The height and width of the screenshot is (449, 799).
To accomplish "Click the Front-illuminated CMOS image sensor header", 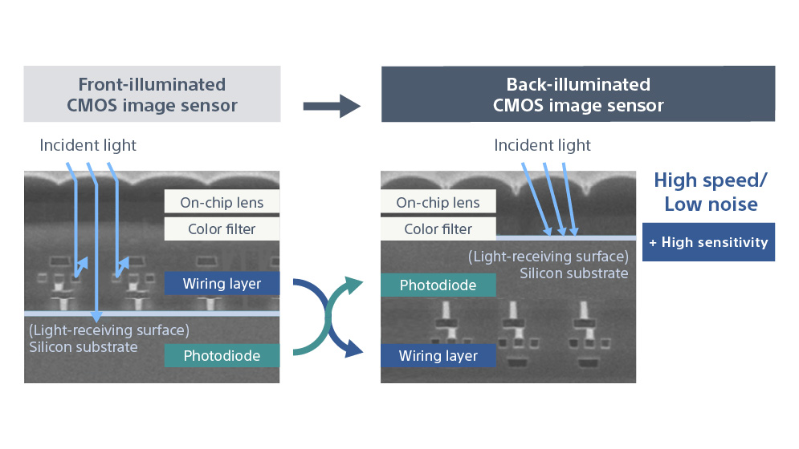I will tap(152, 95).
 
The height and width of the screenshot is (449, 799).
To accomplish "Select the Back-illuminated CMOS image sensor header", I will tap(577, 95).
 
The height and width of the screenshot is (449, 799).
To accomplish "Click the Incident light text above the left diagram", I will tap(88, 145).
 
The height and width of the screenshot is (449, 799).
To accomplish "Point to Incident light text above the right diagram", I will tap(542, 145).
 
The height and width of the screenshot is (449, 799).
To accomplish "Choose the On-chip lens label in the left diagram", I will tap(222, 203).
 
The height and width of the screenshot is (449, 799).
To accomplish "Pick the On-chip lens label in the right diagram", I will tap(438, 203).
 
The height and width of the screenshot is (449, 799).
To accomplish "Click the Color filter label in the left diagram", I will tap(222, 229).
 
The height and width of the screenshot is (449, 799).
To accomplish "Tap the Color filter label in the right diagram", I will tap(438, 229).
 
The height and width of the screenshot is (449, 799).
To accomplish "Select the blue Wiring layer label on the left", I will tap(221, 283).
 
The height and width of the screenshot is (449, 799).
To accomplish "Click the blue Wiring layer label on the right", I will tap(438, 355).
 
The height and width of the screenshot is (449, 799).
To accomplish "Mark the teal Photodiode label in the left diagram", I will tap(222, 355).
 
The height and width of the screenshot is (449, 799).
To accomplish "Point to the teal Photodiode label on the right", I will tap(438, 285).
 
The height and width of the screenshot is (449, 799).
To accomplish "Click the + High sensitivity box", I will tap(708, 242).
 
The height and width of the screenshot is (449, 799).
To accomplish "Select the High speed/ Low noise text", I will tap(710, 192).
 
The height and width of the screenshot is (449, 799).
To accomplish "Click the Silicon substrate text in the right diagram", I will tap(573, 273).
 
